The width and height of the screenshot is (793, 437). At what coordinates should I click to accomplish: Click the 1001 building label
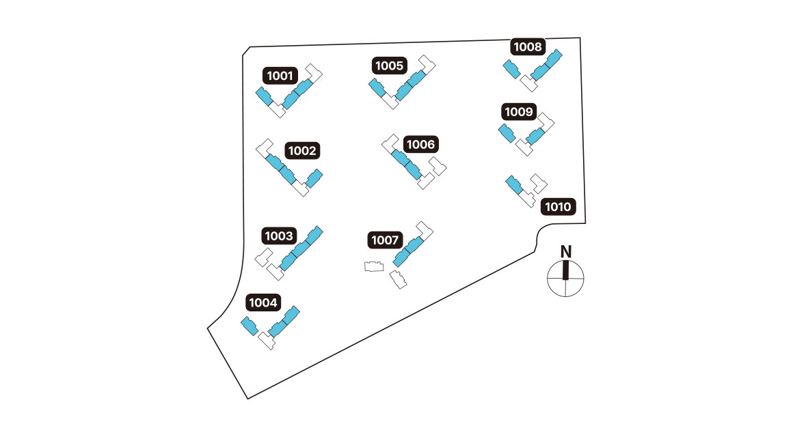280,75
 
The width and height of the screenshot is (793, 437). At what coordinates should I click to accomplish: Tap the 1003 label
279,236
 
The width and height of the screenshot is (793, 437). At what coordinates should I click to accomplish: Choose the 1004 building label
263,302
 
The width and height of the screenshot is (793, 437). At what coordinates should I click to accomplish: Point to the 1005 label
390,66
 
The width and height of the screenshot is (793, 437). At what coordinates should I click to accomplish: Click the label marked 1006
420,145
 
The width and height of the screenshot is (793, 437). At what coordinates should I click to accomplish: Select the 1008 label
528,47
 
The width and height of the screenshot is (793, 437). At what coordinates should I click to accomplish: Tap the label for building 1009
520,111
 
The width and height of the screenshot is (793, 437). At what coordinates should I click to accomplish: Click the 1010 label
559,207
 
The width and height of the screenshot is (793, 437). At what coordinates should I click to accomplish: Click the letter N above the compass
566,251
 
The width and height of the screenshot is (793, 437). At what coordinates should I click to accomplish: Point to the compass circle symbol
566,279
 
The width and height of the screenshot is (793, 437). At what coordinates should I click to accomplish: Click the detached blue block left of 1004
250,326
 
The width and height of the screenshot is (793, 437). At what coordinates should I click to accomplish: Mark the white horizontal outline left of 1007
373,267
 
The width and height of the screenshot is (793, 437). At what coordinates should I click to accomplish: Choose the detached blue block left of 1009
507,133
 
